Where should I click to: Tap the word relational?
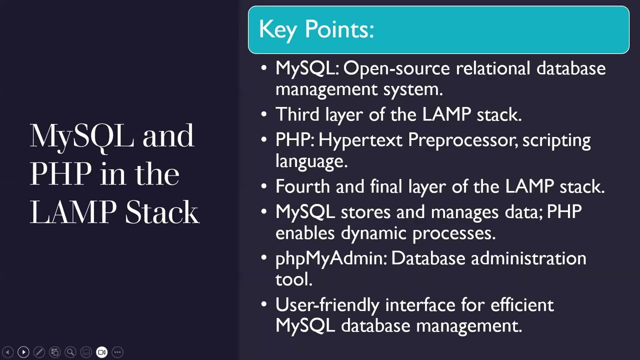[492, 68]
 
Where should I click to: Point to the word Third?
[297, 114]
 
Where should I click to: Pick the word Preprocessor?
[462, 140]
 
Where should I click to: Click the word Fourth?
[302, 186]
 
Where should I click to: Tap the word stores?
[365, 212]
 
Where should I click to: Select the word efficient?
[522, 304]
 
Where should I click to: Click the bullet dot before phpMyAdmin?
[264, 258]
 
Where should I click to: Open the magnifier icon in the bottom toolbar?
[70, 352]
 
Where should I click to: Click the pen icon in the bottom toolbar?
[39, 352]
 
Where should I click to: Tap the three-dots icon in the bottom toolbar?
[117, 352]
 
